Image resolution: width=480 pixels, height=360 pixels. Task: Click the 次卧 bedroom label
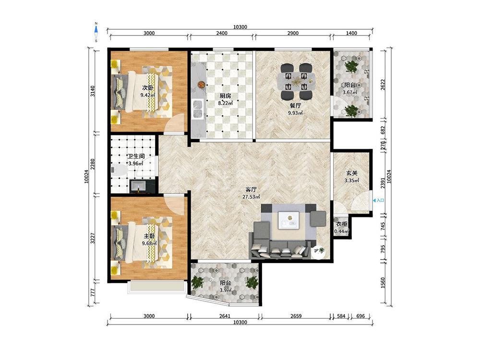(147, 88)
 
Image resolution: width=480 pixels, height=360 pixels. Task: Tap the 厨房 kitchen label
(225, 96)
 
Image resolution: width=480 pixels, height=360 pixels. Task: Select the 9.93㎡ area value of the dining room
(295, 113)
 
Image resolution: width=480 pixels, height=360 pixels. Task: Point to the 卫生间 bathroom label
(136, 156)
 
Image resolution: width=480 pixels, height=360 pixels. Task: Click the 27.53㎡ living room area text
(251, 197)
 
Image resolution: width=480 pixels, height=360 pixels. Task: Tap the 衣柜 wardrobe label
(341, 224)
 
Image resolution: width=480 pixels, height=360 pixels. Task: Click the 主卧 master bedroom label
(149, 236)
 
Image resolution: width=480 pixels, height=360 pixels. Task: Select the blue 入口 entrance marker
(378, 201)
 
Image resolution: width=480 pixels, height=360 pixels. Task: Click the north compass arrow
(96, 30)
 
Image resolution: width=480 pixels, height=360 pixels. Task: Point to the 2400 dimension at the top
(222, 33)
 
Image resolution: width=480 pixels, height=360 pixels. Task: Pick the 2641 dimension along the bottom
(225, 316)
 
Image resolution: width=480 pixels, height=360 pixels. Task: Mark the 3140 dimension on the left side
(93, 91)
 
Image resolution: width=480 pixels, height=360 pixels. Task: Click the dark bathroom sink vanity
(143, 186)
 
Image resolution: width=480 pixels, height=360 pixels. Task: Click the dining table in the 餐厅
(296, 82)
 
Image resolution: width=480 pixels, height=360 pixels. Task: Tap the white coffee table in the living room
(288, 220)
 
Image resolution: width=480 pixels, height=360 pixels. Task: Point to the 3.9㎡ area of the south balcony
(225, 290)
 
